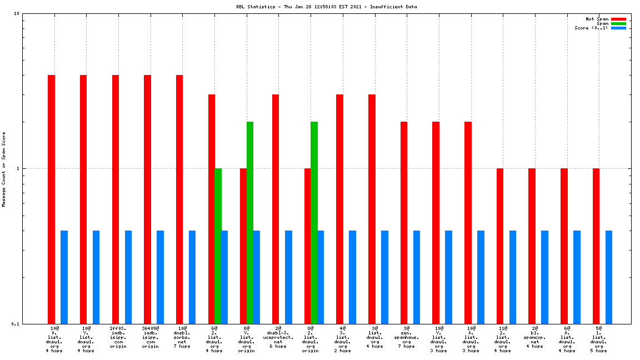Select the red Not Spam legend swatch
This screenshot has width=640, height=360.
pyautogui.click(x=618, y=19)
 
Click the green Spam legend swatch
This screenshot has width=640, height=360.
pyautogui.click(x=618, y=23)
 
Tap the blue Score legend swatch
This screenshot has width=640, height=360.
pyautogui.click(x=618, y=28)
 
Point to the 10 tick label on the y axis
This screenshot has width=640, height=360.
pyautogui.click(x=17, y=14)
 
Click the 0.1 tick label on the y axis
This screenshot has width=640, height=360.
pyautogui.click(x=16, y=324)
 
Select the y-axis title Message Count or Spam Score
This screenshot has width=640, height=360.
pyautogui.click(x=4, y=169)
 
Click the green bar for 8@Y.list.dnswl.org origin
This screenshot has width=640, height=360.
pyautogui.click(x=250, y=222)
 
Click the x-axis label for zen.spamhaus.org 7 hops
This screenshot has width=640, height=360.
pyautogui.click(x=406, y=337)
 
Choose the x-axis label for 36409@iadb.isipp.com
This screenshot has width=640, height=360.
pyautogui.click(x=150, y=337)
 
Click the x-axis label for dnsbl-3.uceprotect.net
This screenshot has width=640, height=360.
pyautogui.click(x=278, y=337)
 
